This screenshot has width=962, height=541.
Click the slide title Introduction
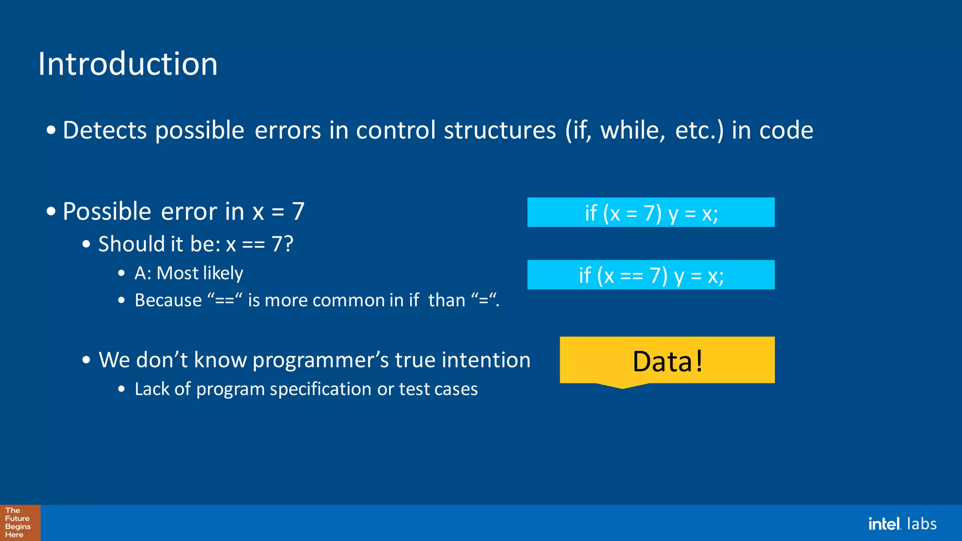[128, 64]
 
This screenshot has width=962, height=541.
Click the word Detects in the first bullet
[104, 130]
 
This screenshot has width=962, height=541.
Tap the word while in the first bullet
[633, 130]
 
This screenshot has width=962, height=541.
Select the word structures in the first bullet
[499, 130]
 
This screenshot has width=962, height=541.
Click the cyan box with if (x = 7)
[651, 212]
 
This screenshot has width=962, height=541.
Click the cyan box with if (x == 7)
[651, 275]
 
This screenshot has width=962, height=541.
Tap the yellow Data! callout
[667, 360]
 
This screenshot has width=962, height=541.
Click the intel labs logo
[902, 524]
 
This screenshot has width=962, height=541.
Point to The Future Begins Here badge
[20, 523]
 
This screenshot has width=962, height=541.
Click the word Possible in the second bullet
[107, 212]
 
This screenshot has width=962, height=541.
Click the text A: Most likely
[188, 273]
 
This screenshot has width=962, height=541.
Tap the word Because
[168, 301]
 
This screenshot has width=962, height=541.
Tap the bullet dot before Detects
[51, 130]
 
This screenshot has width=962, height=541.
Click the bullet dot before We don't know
[86, 360]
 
